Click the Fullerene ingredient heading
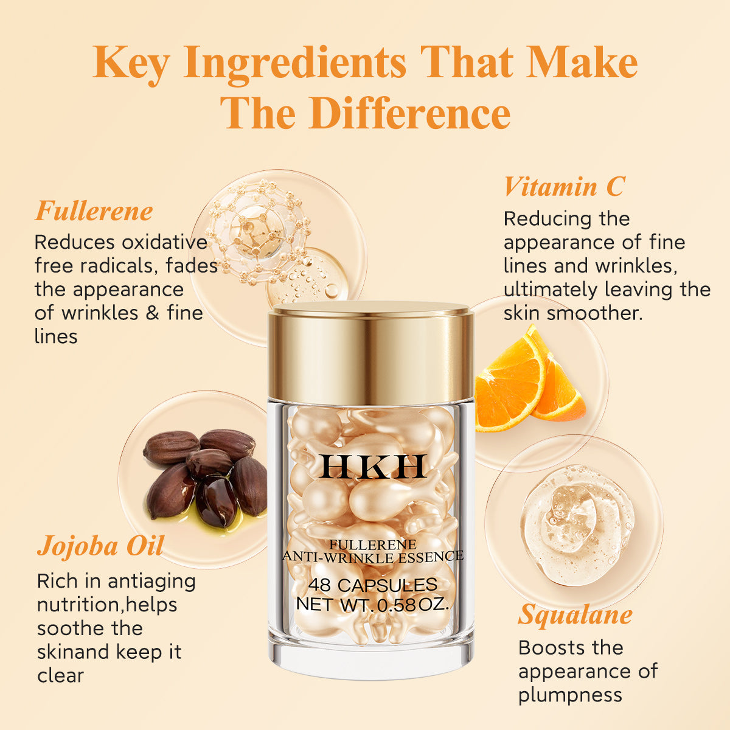click(x=94, y=211)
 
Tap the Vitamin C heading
click(x=564, y=186)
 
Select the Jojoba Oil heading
click(x=100, y=546)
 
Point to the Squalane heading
click(x=575, y=614)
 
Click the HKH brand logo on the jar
click(x=372, y=467)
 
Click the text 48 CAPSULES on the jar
click(x=372, y=585)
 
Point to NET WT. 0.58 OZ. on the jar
click(x=372, y=605)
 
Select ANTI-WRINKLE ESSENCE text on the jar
click(x=372, y=556)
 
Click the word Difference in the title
click(x=409, y=113)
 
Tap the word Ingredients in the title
click(x=295, y=63)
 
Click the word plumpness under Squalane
click(x=570, y=695)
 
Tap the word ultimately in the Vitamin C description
click(x=551, y=290)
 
